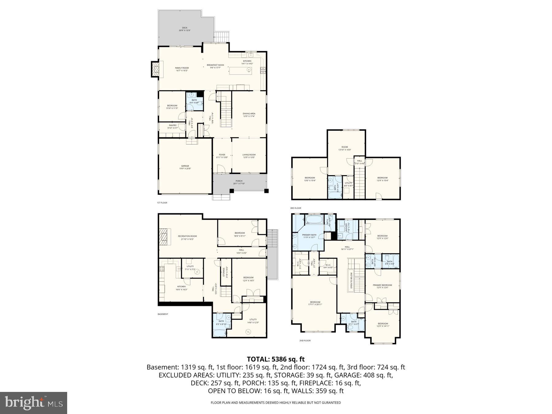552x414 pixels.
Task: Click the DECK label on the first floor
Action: click(x=185, y=28)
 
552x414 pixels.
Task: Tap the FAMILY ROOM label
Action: click(x=182, y=68)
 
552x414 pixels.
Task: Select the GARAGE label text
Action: click(x=185, y=166)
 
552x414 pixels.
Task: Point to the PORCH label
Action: click(x=239, y=181)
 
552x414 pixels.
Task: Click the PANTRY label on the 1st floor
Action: click(x=173, y=125)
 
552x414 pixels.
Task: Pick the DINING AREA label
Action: click(x=249, y=114)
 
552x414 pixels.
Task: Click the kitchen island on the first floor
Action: click(x=240, y=71)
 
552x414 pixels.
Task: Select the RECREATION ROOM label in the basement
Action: click(x=187, y=236)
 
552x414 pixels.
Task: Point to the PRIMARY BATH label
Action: click(x=310, y=235)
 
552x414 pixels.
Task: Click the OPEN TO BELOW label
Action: click(x=351, y=280)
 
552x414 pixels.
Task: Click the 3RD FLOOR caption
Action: click(x=296, y=208)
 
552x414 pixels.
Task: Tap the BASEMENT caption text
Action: click(x=163, y=314)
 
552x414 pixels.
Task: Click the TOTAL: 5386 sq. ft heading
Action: click(x=276, y=359)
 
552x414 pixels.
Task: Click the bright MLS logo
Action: click(x=33, y=403)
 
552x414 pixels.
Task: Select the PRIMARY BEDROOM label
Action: click(x=382, y=285)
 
